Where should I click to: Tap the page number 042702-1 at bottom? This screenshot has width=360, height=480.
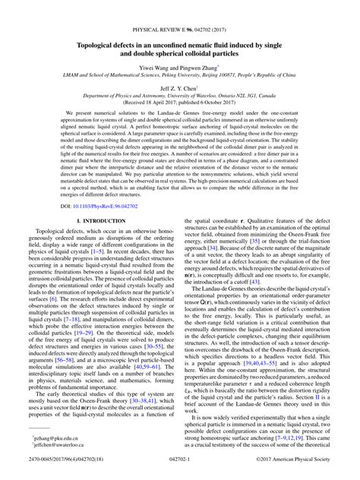click(179, 471)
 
